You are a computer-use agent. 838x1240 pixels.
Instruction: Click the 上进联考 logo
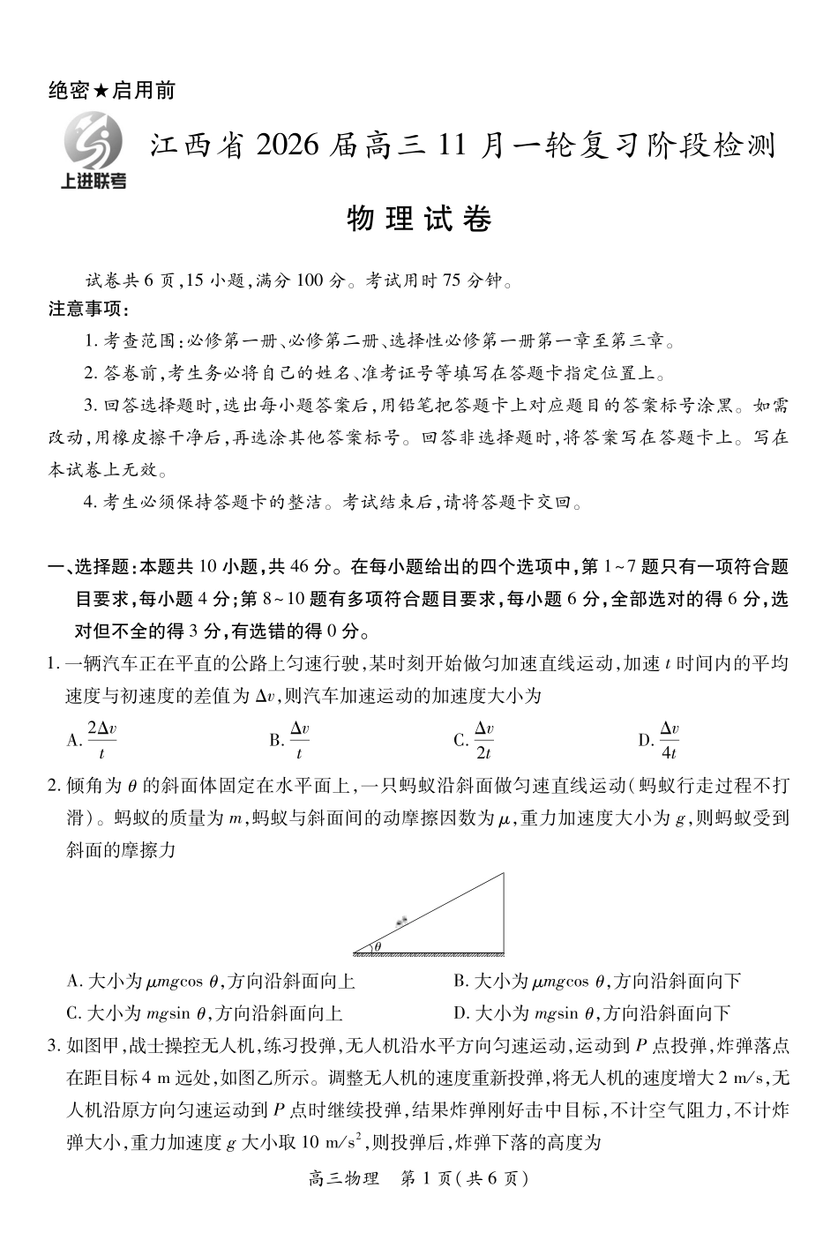92,152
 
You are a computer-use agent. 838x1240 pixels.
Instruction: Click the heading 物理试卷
419,218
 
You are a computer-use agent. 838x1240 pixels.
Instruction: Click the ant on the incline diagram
403,921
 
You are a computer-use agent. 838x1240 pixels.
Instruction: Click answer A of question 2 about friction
211,981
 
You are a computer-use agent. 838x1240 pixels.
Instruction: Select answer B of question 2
597,981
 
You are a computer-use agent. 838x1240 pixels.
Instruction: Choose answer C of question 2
205,1013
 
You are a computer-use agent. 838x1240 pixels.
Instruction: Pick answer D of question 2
591,1013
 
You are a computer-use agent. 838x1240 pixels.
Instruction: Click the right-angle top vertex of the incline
504,874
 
